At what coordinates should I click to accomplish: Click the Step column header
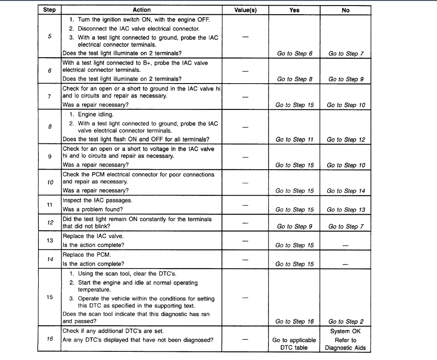click(50, 10)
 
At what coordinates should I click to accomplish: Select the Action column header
click(142, 10)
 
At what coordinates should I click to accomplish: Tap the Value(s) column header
click(245, 10)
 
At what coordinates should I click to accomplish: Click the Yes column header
click(295, 10)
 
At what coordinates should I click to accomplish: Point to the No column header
click(346, 10)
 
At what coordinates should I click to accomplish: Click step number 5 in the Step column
click(50, 37)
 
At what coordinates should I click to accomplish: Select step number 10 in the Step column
click(50, 182)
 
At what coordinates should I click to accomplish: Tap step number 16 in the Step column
click(50, 339)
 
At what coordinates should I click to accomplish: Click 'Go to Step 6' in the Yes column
click(295, 54)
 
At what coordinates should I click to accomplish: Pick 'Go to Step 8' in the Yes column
click(295, 79)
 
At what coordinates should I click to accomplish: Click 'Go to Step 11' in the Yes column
click(295, 140)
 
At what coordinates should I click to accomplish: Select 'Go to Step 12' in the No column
click(346, 140)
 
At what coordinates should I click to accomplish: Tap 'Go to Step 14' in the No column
click(346, 191)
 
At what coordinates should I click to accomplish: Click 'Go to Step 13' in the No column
click(346, 210)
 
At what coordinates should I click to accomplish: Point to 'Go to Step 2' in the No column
click(346, 321)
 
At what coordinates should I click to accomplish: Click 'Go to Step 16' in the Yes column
click(295, 321)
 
